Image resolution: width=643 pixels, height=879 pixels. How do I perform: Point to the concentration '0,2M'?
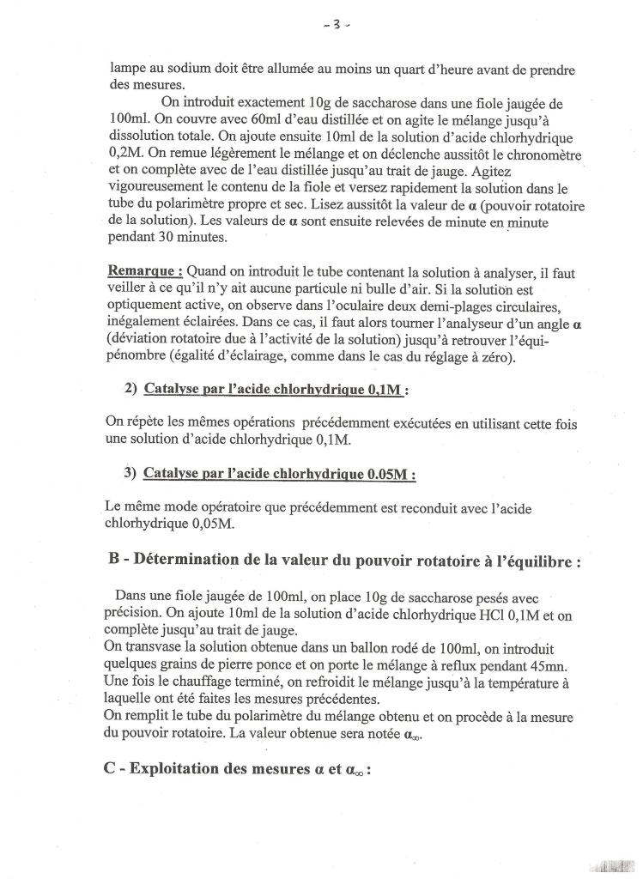pos(126,154)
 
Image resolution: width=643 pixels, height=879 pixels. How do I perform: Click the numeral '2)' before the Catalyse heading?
pos(130,389)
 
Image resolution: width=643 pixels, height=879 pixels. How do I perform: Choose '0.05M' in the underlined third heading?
pos(390,473)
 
